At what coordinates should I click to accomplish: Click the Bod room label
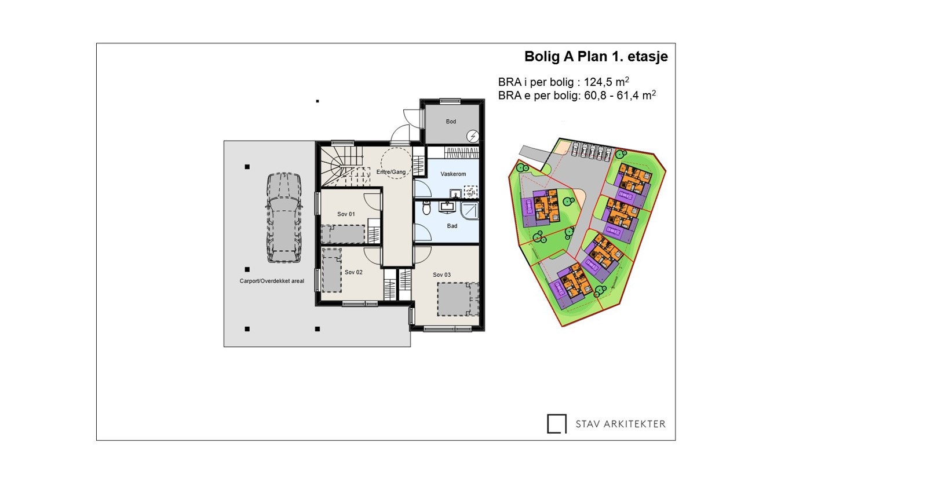pyautogui.click(x=451, y=122)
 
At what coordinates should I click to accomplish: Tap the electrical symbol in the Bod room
pyautogui.click(x=473, y=136)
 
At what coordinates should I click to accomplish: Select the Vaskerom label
pyautogui.click(x=452, y=174)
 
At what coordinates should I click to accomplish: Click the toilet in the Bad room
pyautogui.click(x=427, y=207)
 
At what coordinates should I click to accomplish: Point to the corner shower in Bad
pyautogui.click(x=469, y=209)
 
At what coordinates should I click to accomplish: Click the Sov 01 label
pyautogui.click(x=346, y=214)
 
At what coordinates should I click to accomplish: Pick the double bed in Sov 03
pyautogui.click(x=458, y=299)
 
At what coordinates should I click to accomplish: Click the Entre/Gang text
pyautogui.click(x=391, y=172)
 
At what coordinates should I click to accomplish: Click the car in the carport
pyautogui.click(x=283, y=217)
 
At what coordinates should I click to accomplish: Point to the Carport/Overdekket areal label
pyautogui.click(x=272, y=281)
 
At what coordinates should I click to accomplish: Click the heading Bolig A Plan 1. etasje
pyautogui.click(x=596, y=57)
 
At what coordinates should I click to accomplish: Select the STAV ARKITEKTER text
pyautogui.click(x=621, y=424)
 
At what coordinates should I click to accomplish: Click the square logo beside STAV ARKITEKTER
pyautogui.click(x=556, y=424)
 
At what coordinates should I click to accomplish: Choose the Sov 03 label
pyautogui.click(x=441, y=275)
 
